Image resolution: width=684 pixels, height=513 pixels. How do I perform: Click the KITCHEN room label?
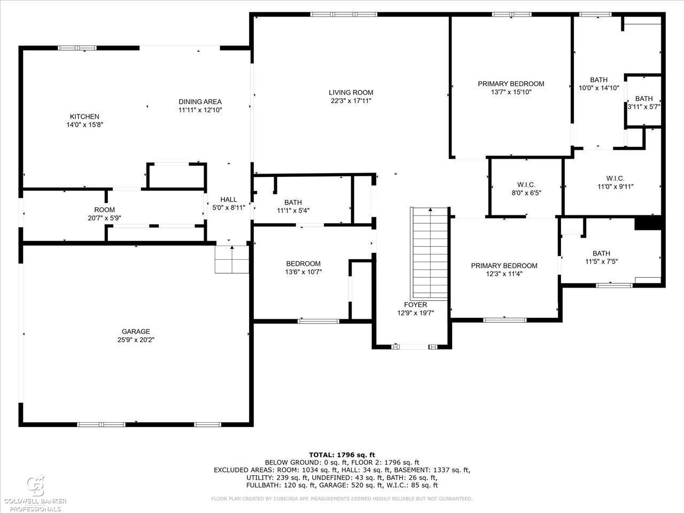(x=84, y=116)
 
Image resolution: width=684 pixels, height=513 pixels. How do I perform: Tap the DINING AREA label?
(x=200, y=102)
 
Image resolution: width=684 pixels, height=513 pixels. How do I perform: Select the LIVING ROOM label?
(x=351, y=92)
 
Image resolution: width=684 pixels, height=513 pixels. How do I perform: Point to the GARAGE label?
(x=136, y=331)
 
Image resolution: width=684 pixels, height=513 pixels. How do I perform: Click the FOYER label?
(x=415, y=305)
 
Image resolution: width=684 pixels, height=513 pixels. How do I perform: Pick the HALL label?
(x=229, y=200)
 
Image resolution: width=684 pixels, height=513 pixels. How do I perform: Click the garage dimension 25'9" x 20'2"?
(x=136, y=340)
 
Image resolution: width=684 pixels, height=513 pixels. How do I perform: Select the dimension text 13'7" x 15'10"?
(x=511, y=92)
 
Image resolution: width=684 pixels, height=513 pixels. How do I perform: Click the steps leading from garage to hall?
(x=232, y=260)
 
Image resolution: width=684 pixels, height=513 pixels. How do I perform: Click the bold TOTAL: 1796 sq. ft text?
(x=342, y=455)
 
